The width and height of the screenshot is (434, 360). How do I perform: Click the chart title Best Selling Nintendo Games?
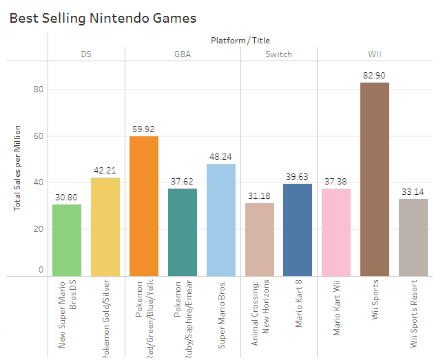pyautogui.click(x=103, y=19)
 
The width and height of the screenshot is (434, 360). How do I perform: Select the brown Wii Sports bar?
pyautogui.click(x=375, y=179)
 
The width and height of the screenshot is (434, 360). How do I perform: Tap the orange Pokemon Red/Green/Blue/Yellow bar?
pyautogui.click(x=144, y=206)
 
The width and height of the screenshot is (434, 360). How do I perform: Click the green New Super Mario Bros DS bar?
pyautogui.click(x=67, y=240)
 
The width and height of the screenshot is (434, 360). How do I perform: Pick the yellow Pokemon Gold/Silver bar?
pyautogui.click(x=105, y=226)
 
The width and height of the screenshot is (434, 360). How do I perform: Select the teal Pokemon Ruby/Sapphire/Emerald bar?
pyautogui.click(x=183, y=232)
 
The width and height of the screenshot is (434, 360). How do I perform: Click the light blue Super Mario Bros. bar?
pyautogui.click(x=221, y=220)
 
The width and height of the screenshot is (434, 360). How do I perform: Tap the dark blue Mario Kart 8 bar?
pyautogui.click(x=298, y=230)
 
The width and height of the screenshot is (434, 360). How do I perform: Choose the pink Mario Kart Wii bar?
pyautogui.click(x=336, y=232)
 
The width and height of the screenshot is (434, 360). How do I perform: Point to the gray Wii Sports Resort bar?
pyautogui.click(x=413, y=237)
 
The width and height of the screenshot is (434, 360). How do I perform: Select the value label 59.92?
pyautogui.click(x=144, y=129)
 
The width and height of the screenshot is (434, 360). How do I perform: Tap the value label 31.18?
pyautogui.click(x=259, y=195)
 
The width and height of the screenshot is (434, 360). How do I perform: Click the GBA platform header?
pyautogui.click(x=183, y=54)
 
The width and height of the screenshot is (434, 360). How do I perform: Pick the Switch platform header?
pyautogui.click(x=278, y=54)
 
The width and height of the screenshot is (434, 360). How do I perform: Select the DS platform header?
pyautogui.click(x=86, y=54)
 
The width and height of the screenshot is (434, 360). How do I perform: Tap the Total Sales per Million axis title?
pyautogui.click(x=17, y=168)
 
